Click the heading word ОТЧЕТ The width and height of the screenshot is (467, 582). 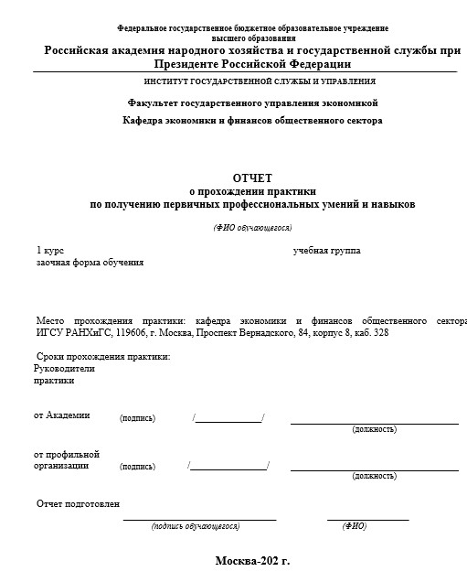pyautogui.click(x=251, y=177)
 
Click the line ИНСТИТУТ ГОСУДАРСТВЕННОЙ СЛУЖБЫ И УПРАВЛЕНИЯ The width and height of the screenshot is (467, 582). pyautogui.click(x=252, y=81)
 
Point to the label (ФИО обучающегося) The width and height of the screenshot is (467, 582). pyautogui.click(x=252, y=227)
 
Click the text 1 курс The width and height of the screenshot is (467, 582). pyautogui.click(x=49, y=250)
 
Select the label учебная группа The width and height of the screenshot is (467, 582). pyautogui.click(x=326, y=250)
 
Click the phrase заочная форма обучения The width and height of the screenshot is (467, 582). pyautogui.click(x=90, y=263)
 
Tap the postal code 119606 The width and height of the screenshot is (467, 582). pyautogui.click(x=126, y=333)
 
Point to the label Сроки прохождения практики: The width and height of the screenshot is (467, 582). pyautogui.click(x=103, y=356)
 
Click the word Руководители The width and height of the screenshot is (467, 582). pyautogui.click(x=64, y=368)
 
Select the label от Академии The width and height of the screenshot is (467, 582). pyautogui.click(x=62, y=415)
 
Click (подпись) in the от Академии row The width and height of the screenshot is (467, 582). pyautogui.click(x=137, y=418)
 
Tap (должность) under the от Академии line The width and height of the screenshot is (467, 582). pyautogui.click(x=374, y=428)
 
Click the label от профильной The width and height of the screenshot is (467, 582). pyautogui.click(x=67, y=454)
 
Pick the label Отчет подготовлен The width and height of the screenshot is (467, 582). pyautogui.click(x=78, y=504)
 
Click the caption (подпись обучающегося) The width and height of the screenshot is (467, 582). pyautogui.click(x=196, y=526)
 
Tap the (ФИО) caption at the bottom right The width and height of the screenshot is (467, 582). pyautogui.click(x=354, y=526)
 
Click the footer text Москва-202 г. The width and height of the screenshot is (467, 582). pyautogui.click(x=251, y=560)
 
